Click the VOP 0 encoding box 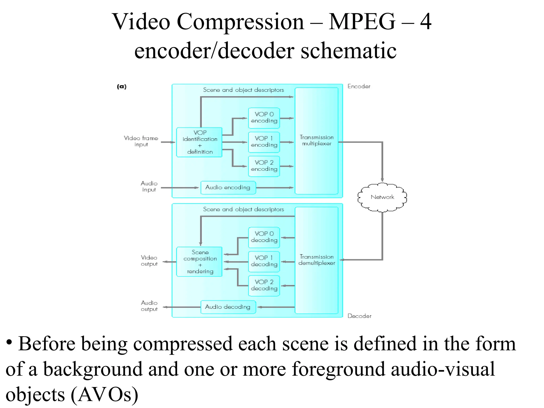point(264,118)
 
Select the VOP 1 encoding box point(264,142)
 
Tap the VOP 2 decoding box point(264,286)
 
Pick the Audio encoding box point(228,188)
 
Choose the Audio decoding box point(228,307)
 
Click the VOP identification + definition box point(199,142)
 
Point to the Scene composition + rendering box point(199,262)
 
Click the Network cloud point(382,197)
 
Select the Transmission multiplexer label point(316,141)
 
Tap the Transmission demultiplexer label point(316,260)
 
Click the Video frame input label point(141,141)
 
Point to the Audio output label point(149,306)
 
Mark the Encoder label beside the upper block point(359,87)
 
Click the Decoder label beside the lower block point(359,316)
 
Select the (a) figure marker point(122,87)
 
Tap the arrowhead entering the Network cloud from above point(382,180)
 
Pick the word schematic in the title point(348,51)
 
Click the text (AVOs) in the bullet point(104,395)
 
